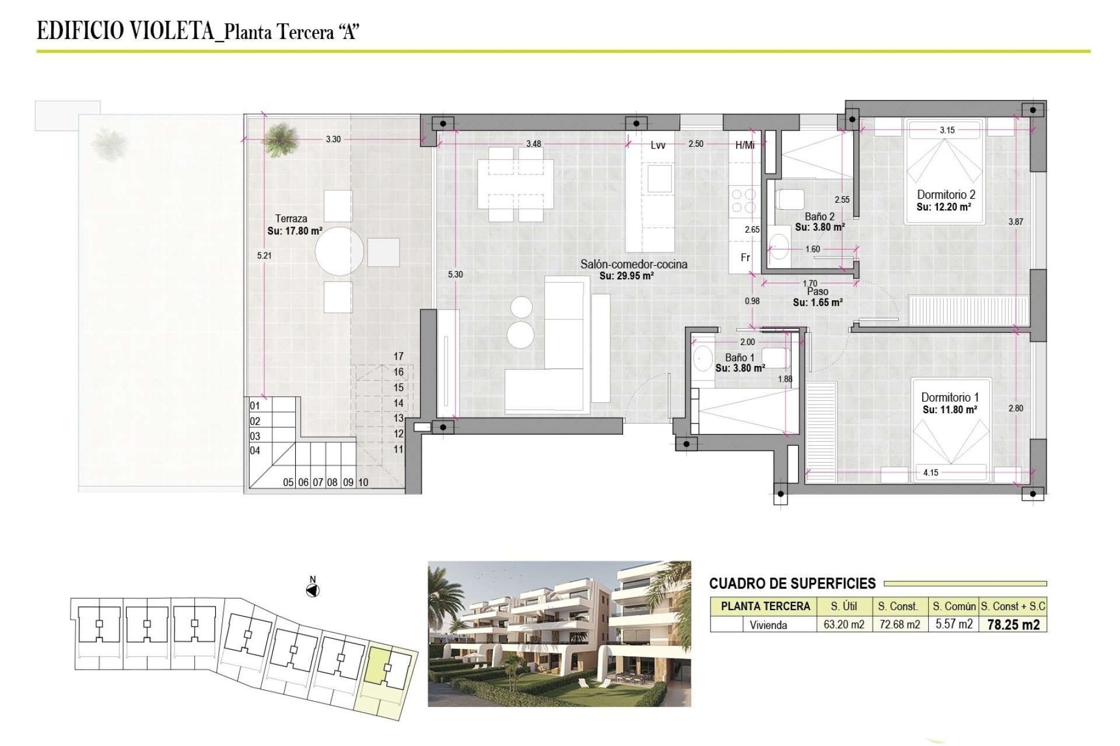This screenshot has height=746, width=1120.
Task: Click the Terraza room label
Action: coord(291,219)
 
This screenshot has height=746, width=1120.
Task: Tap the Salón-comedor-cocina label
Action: coord(633,264)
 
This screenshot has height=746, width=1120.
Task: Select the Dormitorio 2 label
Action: coord(946,195)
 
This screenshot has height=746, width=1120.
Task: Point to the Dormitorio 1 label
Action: coord(950,397)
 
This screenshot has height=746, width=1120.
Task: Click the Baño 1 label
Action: coord(740,357)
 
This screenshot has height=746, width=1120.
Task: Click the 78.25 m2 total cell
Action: coord(1013,625)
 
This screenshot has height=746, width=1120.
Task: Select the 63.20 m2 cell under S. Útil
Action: coord(844,624)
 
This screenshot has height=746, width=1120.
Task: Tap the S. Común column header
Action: coord(954,606)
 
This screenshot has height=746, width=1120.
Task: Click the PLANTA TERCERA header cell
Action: coord(765,606)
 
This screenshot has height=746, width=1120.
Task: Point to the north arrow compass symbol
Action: coord(313,590)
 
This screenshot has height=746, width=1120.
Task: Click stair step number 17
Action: coord(398,356)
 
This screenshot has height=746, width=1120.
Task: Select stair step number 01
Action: coord(255,406)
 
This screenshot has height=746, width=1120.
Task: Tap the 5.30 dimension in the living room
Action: coord(456,275)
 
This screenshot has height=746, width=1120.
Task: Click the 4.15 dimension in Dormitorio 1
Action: coord(931,473)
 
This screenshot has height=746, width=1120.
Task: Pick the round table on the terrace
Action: coord(339,251)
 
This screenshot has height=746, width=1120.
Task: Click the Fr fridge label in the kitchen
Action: coord(745,257)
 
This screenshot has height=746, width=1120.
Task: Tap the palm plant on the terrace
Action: coord(280,139)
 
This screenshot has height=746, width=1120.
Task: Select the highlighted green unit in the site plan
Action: coord(380,666)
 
